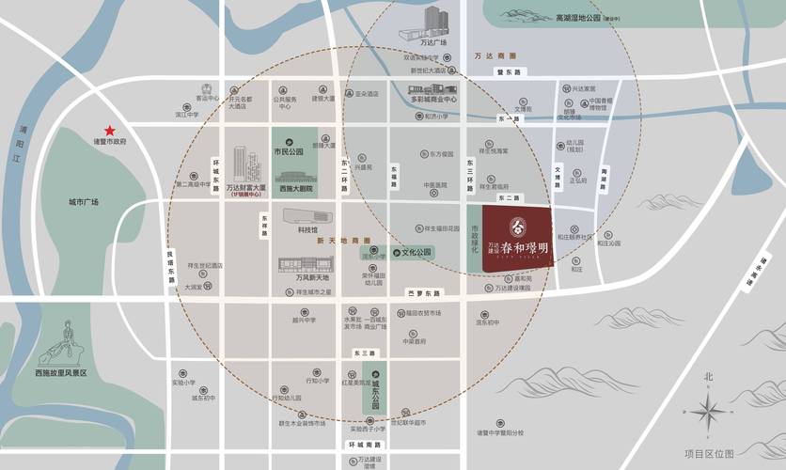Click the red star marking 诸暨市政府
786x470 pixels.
pos(110,130)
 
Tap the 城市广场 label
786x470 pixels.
pos(84,202)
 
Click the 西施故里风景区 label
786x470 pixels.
pos(60,373)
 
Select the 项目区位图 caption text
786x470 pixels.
pos(709,453)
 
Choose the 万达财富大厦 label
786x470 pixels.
pos(247,188)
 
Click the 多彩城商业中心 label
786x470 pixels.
pos(433,99)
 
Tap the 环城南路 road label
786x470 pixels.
pos(361,444)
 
